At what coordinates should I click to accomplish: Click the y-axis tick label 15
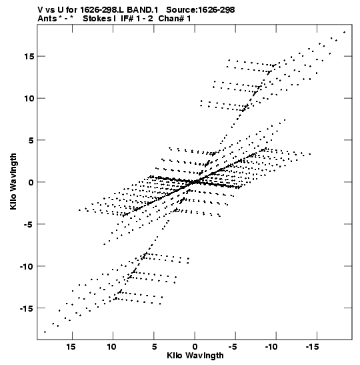click(29, 56)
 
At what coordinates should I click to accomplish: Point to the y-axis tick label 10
click(29, 98)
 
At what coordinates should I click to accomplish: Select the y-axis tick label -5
click(29, 224)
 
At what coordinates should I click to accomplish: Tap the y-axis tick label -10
click(27, 266)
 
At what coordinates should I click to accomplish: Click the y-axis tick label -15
click(27, 308)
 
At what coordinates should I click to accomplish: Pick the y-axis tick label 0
click(31, 182)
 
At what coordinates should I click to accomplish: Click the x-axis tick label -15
click(312, 347)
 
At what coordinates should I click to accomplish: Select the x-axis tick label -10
click(271, 347)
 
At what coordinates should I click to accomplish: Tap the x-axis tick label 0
click(195, 347)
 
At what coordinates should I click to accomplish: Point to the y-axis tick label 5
click(31, 140)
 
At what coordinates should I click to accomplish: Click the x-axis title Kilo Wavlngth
click(195, 356)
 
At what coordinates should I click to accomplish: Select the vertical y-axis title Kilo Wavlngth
click(13, 181)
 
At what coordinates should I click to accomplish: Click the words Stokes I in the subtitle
click(99, 19)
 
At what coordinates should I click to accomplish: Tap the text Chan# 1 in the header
click(175, 19)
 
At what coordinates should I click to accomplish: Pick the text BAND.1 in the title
click(142, 10)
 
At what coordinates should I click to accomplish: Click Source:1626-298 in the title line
click(201, 10)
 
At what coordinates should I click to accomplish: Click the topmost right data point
click(345, 32)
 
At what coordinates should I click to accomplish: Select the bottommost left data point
click(45, 332)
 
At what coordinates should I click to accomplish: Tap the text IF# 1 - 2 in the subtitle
click(137, 19)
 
